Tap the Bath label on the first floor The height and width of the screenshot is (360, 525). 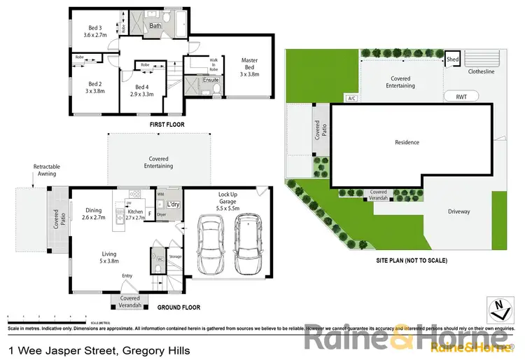155,26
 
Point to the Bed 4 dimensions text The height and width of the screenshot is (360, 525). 142,93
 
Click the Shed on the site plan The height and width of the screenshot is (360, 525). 453,60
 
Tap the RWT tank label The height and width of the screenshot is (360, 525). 461,97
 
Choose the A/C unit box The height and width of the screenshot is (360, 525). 351,98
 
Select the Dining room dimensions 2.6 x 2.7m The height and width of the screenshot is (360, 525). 94,218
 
